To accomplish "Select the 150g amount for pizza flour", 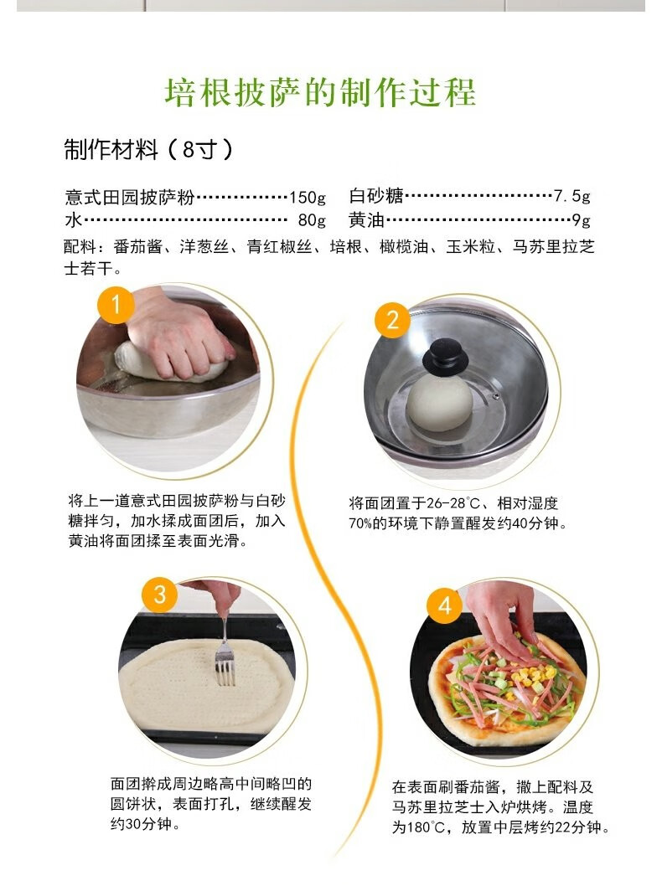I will click(x=307, y=198).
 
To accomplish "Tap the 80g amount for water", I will click(x=311, y=221).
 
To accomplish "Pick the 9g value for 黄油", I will click(x=581, y=221).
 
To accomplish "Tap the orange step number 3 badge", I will click(x=159, y=597).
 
